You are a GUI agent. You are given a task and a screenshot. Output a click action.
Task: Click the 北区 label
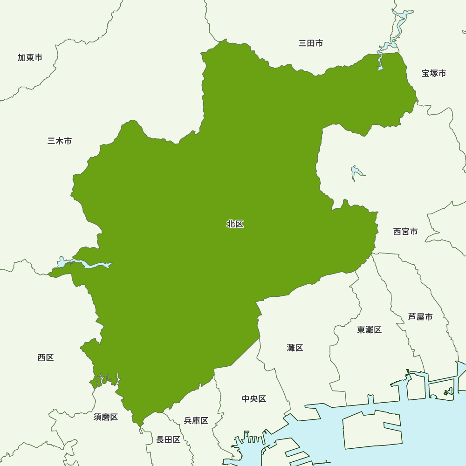tap(235, 224)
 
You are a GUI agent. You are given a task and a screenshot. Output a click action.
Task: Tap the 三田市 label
tap(310, 43)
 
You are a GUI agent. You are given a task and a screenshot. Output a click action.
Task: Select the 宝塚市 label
tap(433, 73)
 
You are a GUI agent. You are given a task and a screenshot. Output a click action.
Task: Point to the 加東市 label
tap(30, 57)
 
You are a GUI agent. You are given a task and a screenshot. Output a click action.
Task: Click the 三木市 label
tap(60, 141)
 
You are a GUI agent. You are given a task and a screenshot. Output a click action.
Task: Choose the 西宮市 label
tap(405, 231)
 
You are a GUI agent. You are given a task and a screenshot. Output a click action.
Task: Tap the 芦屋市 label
tap(420, 317)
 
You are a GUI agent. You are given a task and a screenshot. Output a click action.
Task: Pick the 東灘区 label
tap(369, 330)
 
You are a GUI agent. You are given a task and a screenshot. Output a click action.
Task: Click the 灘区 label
tap(295, 348)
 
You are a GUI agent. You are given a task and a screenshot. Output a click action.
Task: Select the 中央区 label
tap(254, 399)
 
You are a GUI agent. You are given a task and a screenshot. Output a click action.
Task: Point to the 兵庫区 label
tap(196, 421)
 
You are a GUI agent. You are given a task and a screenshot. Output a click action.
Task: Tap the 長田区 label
tap(168, 439)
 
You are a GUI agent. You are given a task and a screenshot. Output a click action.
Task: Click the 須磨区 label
tap(105, 417)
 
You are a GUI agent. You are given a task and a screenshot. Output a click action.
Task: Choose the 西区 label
tap(46, 357)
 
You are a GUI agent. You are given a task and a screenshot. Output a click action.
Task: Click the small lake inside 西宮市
tap(356, 173)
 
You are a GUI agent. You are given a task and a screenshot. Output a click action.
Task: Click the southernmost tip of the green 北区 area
tap(139, 425)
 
